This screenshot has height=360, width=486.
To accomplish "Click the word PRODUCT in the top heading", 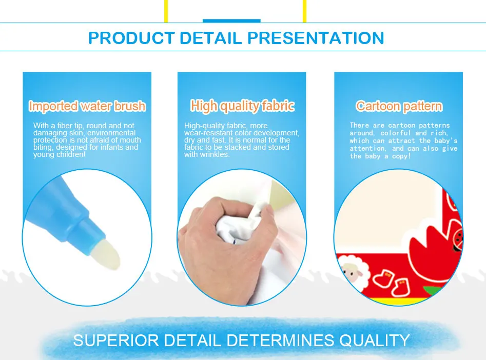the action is point(132,38).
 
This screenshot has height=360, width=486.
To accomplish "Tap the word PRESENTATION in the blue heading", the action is point(316,38).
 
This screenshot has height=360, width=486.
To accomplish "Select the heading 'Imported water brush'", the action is point(87,106).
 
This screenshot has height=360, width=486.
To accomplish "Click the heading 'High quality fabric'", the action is point(242,106).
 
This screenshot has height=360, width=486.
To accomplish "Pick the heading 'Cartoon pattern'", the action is point(399,106).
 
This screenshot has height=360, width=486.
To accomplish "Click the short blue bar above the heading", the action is point(231,21).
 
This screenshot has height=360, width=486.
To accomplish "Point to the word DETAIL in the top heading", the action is point(211,38).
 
